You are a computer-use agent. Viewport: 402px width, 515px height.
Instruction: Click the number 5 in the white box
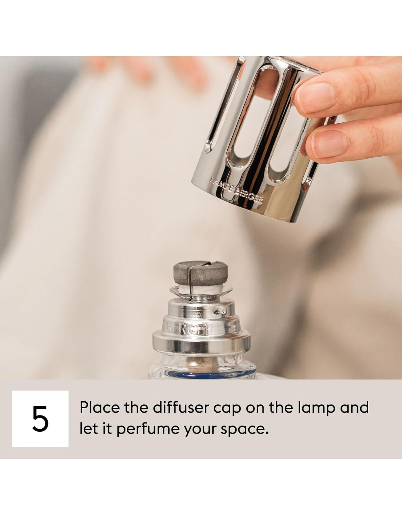(x=40, y=421)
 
